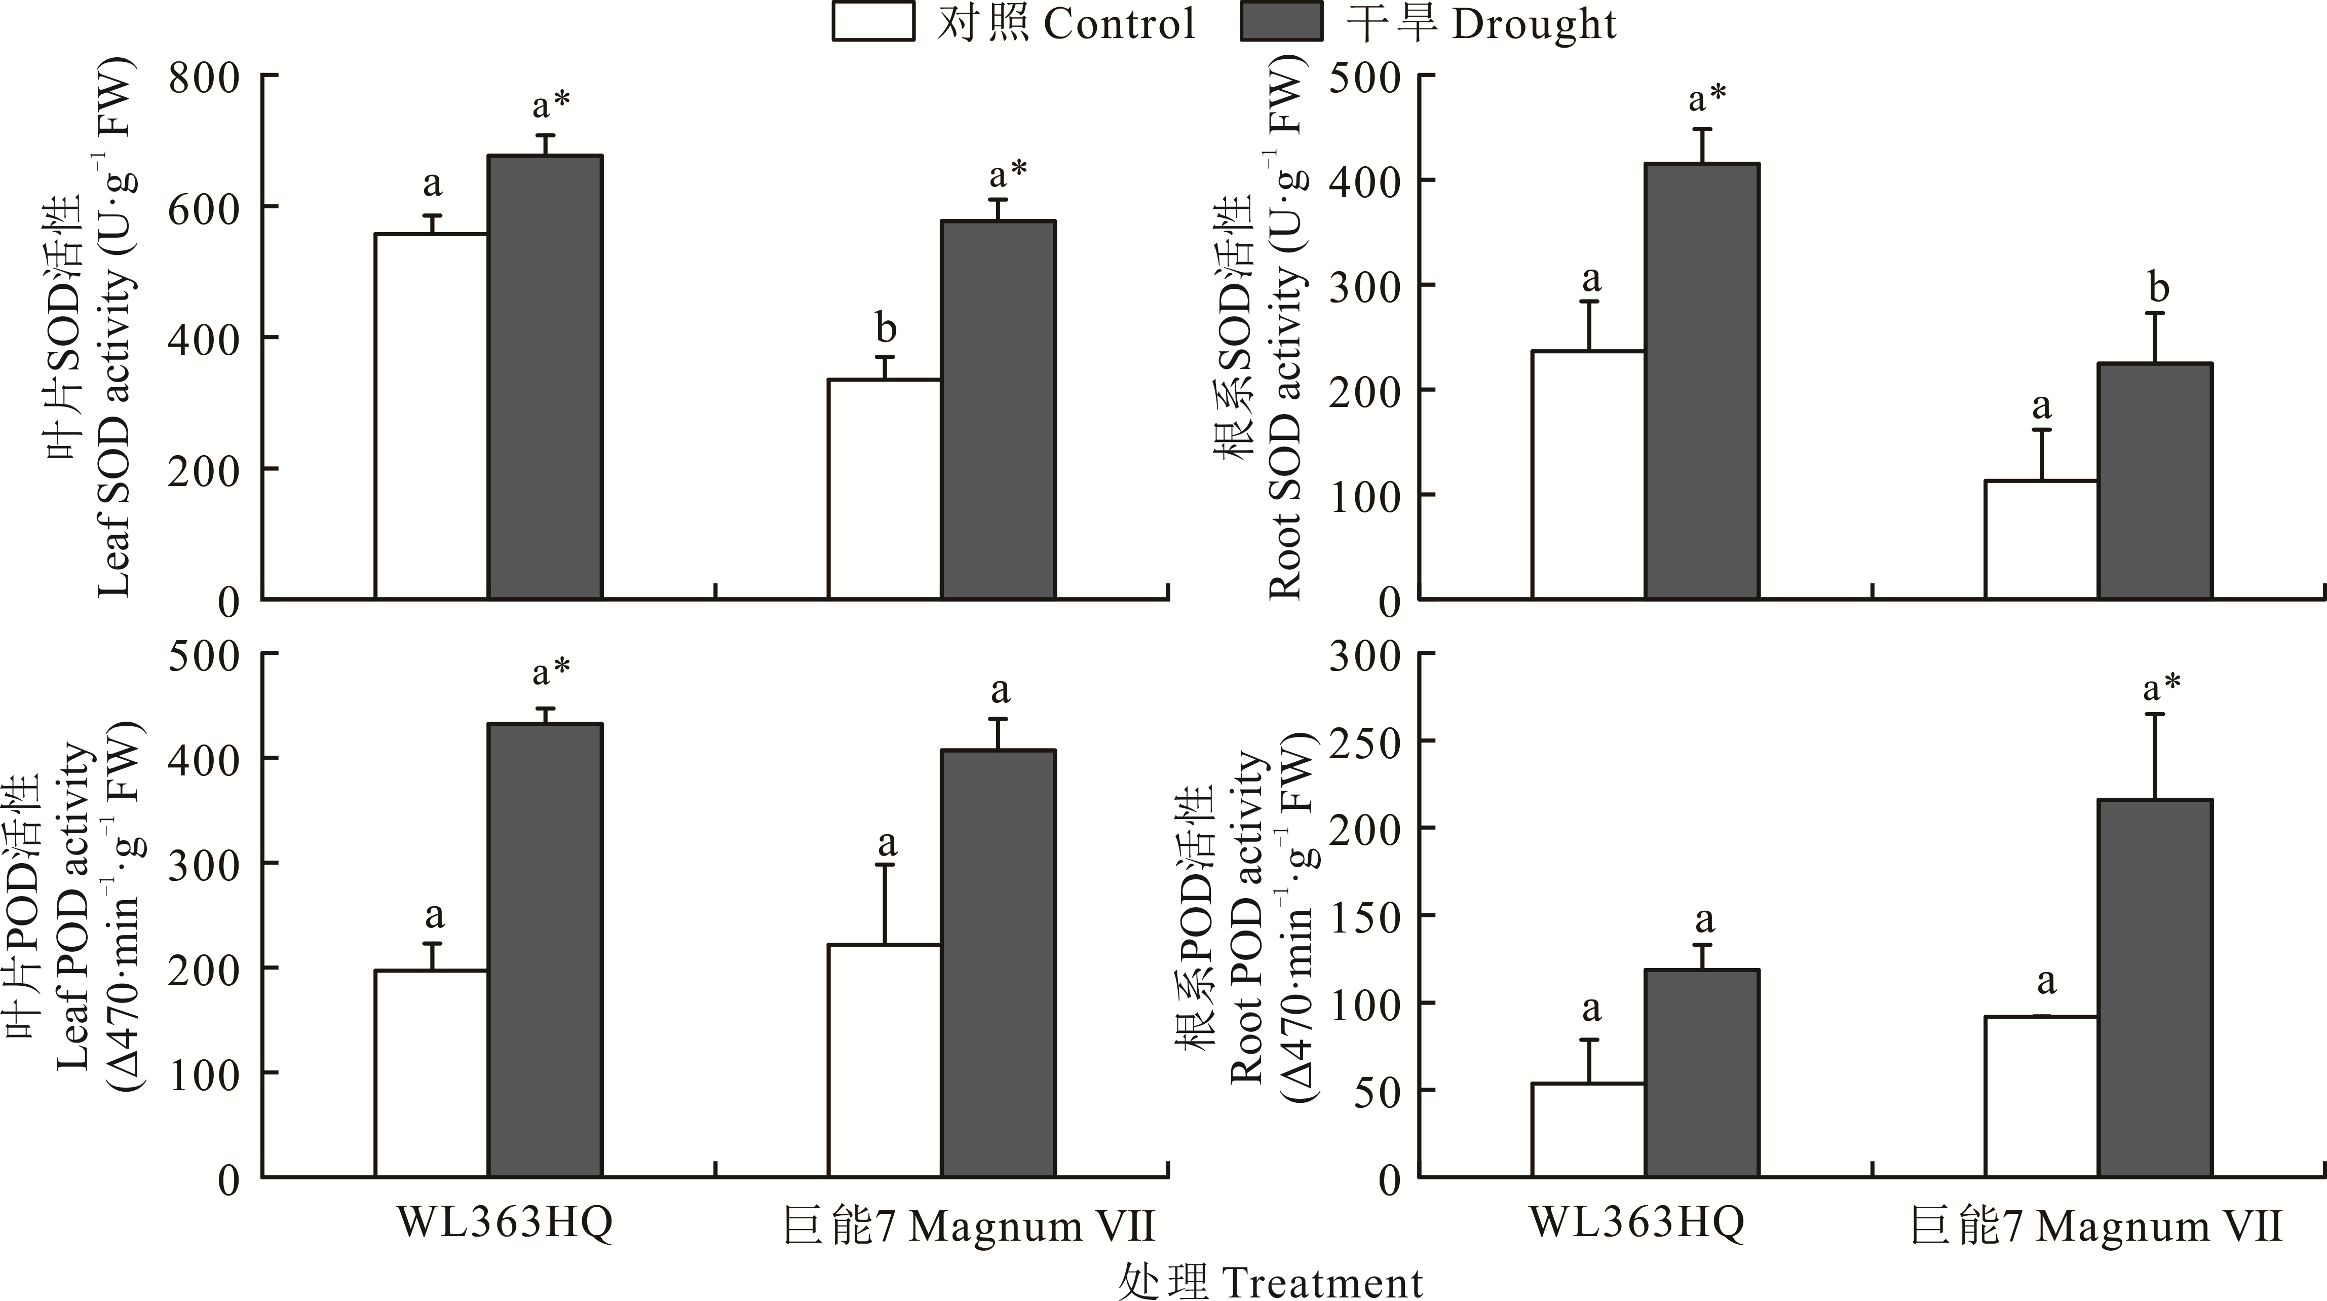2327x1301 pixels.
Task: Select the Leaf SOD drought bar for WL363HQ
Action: [545, 378]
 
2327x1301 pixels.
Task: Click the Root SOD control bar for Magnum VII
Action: [2041, 539]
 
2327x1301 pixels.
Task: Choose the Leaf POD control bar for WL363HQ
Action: [432, 1073]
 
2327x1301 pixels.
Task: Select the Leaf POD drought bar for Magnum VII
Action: [998, 963]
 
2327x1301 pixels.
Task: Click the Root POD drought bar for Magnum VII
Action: [2154, 987]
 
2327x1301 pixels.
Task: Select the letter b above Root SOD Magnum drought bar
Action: [2158, 288]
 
